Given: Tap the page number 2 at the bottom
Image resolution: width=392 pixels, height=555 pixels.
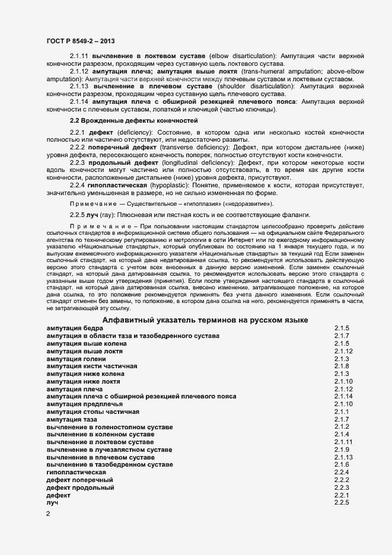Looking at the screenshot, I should (48, 514).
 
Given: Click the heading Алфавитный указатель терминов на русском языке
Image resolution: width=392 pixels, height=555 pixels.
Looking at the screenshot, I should (205, 320).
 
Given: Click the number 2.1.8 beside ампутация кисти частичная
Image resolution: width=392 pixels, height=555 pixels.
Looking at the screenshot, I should (342, 366).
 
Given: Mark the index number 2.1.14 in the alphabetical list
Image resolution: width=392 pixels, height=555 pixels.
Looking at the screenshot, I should (344, 396).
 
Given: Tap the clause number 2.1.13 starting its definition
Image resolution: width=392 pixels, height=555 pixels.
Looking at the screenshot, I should (79, 86).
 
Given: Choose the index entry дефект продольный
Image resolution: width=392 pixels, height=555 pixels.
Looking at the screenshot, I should (80, 487).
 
